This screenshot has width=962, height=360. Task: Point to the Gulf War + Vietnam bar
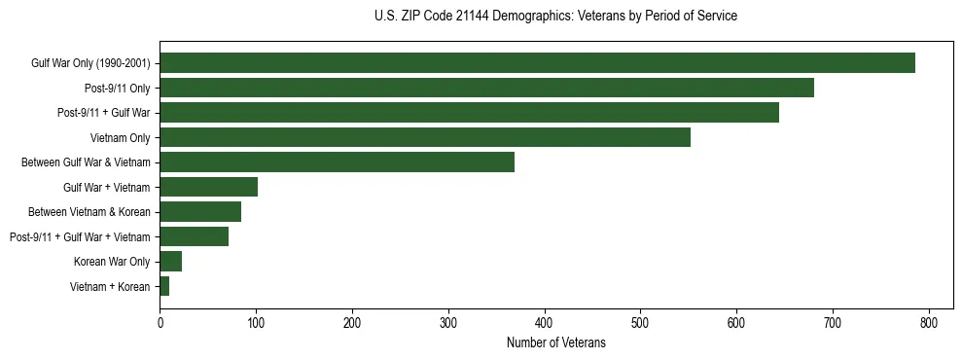[x=208, y=187]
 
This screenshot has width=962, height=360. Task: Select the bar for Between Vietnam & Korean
[x=200, y=212]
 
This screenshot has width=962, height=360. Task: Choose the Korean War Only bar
[x=171, y=262]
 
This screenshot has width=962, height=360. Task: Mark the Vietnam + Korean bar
[x=164, y=286]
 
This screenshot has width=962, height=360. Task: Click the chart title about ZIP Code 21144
[x=555, y=17]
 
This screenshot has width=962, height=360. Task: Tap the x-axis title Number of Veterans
[x=555, y=343]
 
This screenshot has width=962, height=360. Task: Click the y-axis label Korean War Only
[x=112, y=262]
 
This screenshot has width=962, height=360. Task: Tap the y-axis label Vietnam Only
[x=120, y=138]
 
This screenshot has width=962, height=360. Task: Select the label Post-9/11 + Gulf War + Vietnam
[x=80, y=236]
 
